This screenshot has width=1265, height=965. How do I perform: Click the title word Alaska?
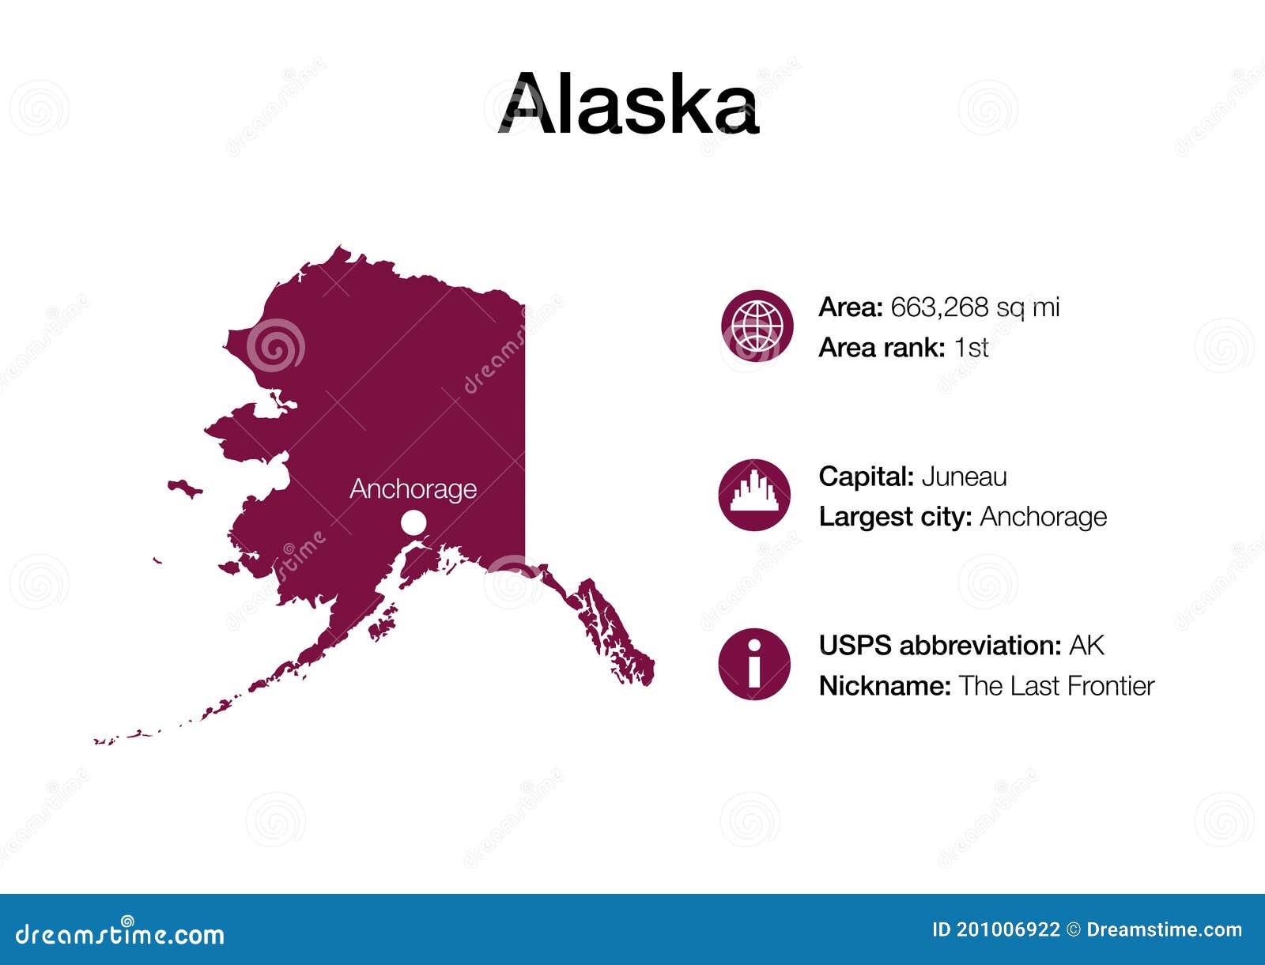pyautogui.click(x=629, y=104)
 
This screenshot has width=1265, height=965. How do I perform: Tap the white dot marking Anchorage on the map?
pyautogui.click(x=413, y=522)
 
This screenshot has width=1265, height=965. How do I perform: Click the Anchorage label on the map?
pyautogui.click(x=413, y=489)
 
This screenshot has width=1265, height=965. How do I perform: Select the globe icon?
pyautogui.click(x=757, y=326)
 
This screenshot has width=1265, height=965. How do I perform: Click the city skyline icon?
pyautogui.click(x=754, y=495)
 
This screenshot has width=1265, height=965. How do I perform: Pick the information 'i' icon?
pyautogui.click(x=754, y=664)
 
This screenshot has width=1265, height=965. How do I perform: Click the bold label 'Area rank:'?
pyautogui.click(x=882, y=348)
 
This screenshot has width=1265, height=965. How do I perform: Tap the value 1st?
pyautogui.click(x=971, y=348)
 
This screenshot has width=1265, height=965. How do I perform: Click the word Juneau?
pyautogui.click(x=964, y=477)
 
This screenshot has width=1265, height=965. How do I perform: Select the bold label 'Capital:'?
pyautogui.click(x=867, y=477)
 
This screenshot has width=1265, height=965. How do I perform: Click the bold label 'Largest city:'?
pyautogui.click(x=895, y=517)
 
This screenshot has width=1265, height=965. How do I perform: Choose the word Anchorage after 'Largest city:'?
pyautogui.click(x=1043, y=517)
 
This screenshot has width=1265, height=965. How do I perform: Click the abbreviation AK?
pyautogui.click(x=1086, y=646)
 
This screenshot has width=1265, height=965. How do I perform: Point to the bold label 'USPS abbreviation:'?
pyautogui.click(x=940, y=646)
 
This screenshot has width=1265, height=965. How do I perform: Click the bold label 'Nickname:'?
pyautogui.click(x=885, y=686)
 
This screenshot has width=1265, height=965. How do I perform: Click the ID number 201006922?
pyautogui.click(x=1007, y=930)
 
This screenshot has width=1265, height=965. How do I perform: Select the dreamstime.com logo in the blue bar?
pyautogui.click(x=120, y=933)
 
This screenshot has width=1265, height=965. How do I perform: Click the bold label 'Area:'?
pyautogui.click(x=851, y=307)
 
